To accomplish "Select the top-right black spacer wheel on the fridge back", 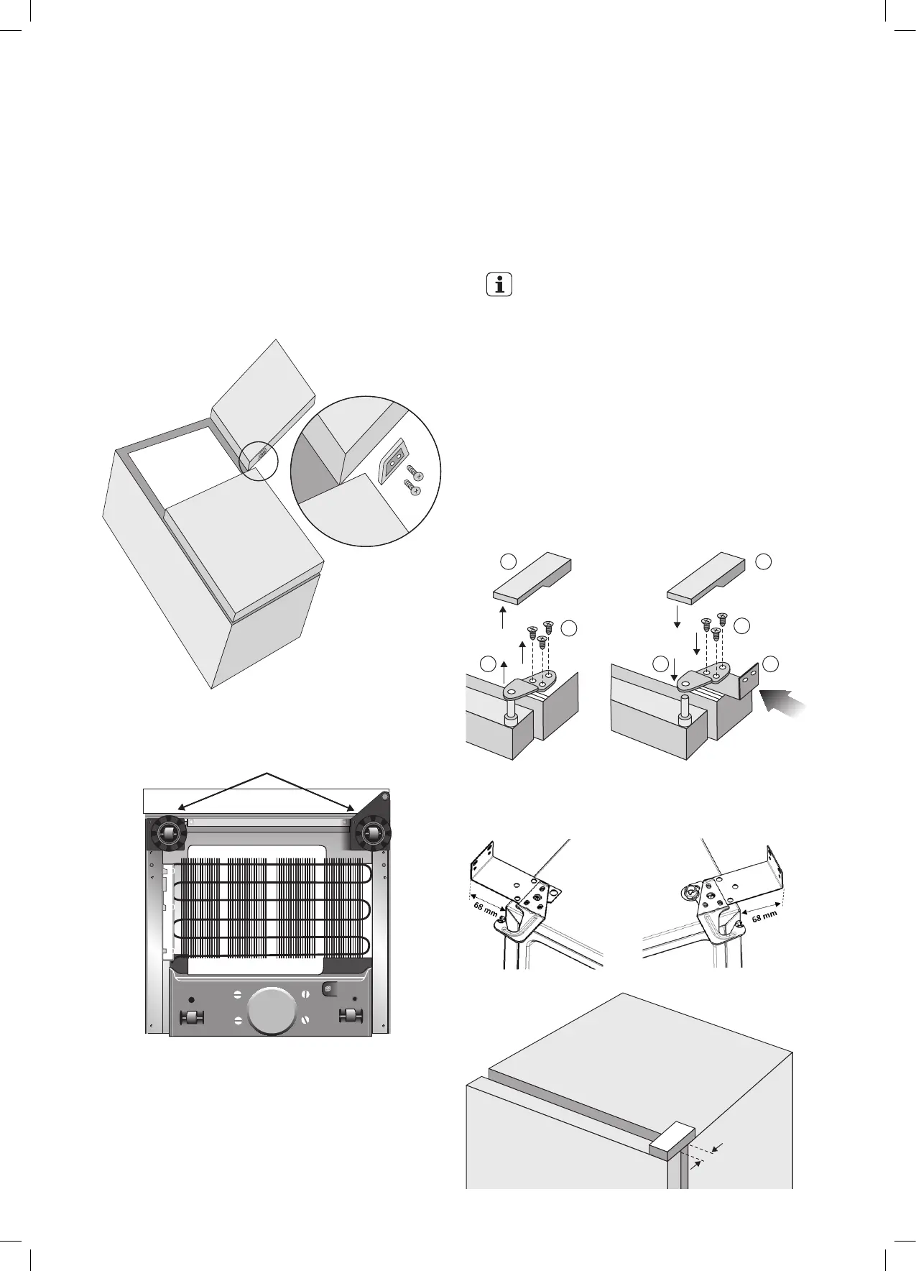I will [369, 834].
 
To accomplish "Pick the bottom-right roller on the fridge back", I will [350, 1017].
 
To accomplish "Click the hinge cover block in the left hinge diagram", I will [532, 575].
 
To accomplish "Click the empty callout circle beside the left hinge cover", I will [508, 561].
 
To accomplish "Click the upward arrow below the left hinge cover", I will [503, 618].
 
